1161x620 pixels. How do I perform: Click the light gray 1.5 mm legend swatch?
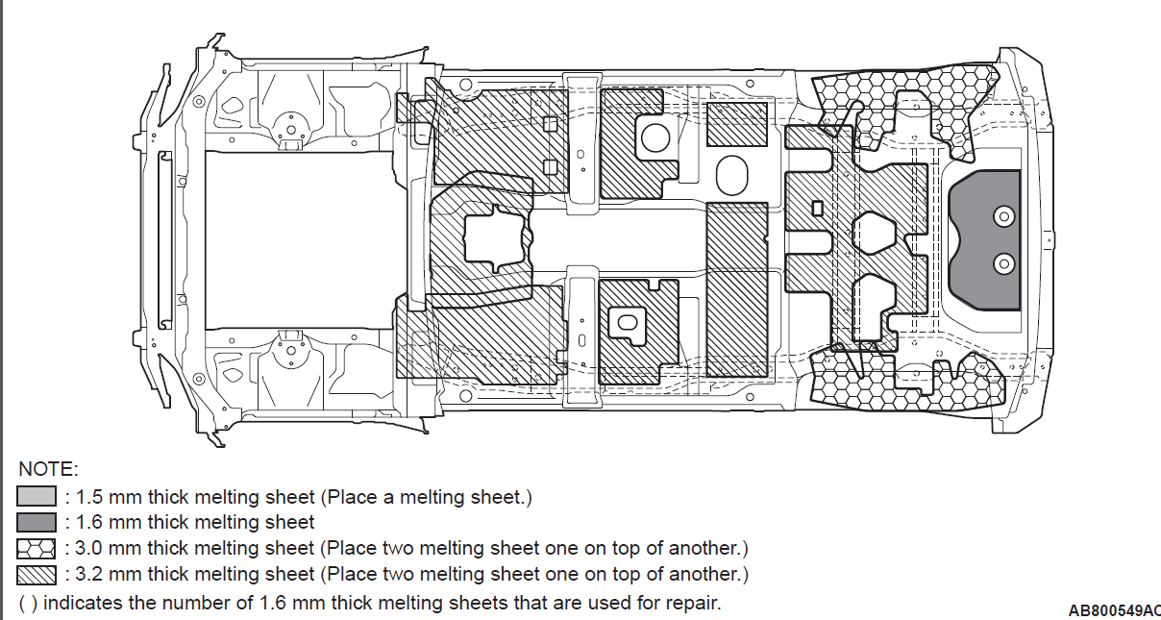pyautogui.click(x=37, y=496)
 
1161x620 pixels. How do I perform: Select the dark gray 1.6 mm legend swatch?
pyautogui.click(x=37, y=522)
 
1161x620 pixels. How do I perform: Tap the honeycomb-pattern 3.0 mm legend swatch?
pyautogui.click(x=37, y=549)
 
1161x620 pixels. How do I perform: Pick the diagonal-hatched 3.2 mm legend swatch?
pyautogui.click(x=37, y=575)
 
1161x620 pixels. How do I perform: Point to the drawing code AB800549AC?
pyautogui.click(x=1114, y=610)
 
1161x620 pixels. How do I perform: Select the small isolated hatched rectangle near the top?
pyautogui.click(x=736, y=124)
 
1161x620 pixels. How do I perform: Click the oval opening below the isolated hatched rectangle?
pyautogui.click(x=731, y=175)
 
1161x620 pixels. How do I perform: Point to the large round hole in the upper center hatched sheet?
pyautogui.click(x=655, y=138)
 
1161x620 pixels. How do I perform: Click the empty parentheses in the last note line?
pyautogui.click(x=28, y=604)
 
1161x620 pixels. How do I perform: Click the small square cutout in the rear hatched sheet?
pyautogui.click(x=817, y=209)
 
